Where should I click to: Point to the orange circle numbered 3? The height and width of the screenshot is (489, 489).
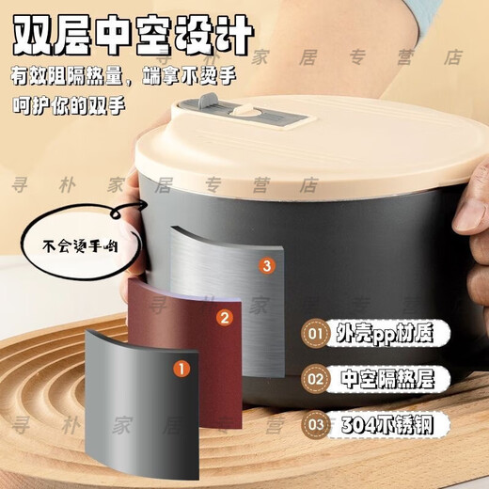coord(267,267)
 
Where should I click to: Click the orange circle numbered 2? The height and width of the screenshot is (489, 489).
coord(224,318)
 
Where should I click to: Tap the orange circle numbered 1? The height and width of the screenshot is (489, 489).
coord(178,369)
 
